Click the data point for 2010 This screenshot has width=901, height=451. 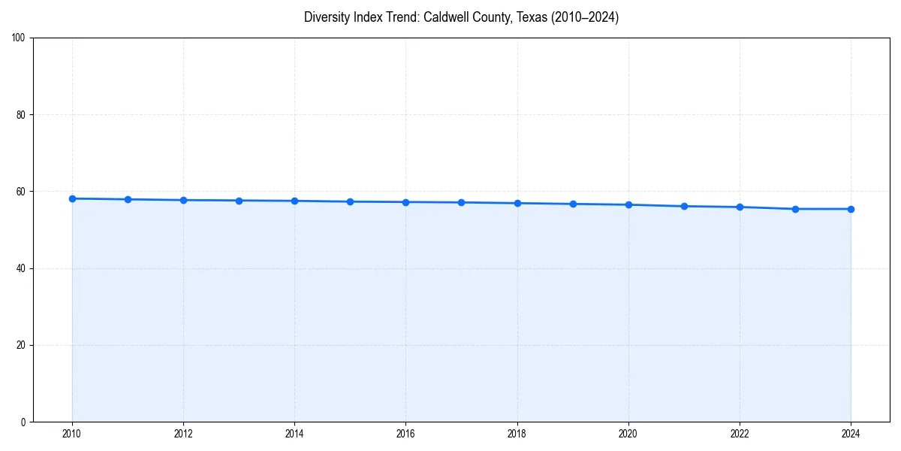[72, 198]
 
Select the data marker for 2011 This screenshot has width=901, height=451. [128, 199]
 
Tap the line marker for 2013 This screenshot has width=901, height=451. [239, 201]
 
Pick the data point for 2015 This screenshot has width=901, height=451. [350, 201]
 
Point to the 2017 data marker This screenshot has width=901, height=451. [461, 202]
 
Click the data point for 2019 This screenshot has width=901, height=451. [573, 204]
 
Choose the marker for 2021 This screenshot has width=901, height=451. [684, 206]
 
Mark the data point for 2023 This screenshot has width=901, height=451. [795, 209]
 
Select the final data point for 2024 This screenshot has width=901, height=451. [851, 209]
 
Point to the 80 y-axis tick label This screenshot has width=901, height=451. [21, 115]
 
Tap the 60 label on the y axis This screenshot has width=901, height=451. [21, 192]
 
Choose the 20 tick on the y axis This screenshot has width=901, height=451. [21, 345]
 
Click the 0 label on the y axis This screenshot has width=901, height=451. [23, 422]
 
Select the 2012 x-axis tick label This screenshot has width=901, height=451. [183, 434]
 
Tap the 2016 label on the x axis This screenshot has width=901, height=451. [405, 434]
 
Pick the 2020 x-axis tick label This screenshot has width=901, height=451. [628, 434]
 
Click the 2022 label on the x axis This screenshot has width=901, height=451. [740, 434]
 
